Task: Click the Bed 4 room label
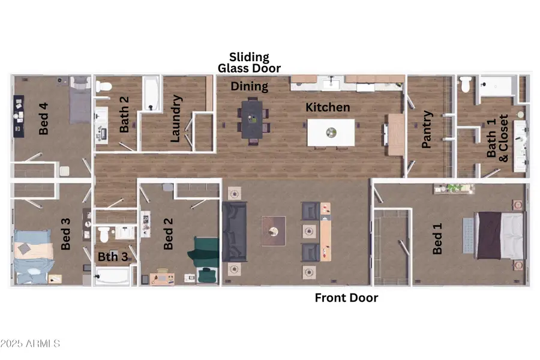coord(43,118)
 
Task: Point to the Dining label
coord(250,86)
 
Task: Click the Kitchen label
coord(328,108)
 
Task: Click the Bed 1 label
coord(438,238)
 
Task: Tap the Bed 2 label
coord(169,234)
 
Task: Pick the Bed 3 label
coord(66,234)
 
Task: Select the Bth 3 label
coord(112,256)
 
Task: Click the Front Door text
coord(346,298)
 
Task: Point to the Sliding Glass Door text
coord(249,62)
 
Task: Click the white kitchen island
coord(331,132)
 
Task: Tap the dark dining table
coord(251,118)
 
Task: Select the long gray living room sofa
coord(234,232)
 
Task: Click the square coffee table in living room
coord(274,231)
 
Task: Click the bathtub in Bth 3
coord(113,277)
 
